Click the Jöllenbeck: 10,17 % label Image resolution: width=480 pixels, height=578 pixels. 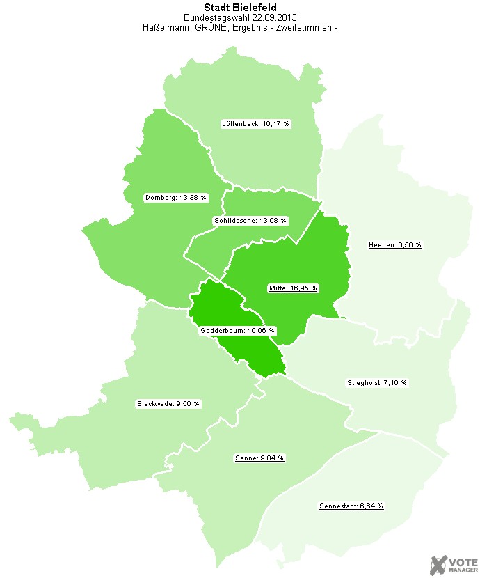pos(255,124)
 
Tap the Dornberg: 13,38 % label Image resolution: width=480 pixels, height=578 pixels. pos(176,198)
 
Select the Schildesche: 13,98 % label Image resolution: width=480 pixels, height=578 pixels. pos(250,221)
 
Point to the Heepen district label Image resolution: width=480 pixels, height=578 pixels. pos(394,245)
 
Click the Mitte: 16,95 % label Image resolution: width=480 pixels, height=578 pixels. pos(292,288)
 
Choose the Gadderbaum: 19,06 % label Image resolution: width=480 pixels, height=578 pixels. pos(237,331)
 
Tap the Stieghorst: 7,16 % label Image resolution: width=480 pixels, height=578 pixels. pos(377,383)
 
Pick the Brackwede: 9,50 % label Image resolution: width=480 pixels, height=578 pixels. pos(168,404)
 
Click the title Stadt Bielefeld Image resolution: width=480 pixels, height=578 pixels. pos(240,8)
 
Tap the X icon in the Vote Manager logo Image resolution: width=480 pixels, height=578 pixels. pos(438,564)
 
